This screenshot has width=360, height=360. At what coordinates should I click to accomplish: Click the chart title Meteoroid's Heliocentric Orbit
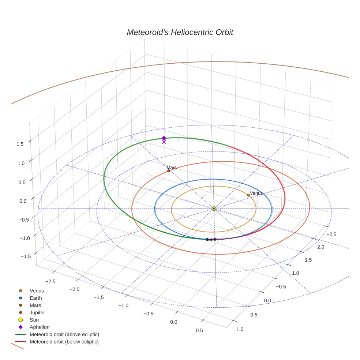coord(180,32)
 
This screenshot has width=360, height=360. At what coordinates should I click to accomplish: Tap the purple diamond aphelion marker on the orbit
coord(164,138)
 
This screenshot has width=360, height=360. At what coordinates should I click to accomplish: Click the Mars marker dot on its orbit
coord(169,171)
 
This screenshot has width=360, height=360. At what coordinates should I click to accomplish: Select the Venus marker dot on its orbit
coord(248,195)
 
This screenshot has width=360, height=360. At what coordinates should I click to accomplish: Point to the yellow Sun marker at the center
coord(214,209)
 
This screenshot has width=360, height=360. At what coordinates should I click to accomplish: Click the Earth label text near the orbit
coord(212,239)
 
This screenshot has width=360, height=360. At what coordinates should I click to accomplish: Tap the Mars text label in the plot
coord(172,168)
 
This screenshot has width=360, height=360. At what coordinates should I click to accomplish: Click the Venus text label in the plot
coord(256,193)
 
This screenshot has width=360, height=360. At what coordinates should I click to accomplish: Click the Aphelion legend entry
coord(39,327)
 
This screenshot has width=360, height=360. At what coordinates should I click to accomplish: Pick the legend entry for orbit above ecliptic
coord(64,334)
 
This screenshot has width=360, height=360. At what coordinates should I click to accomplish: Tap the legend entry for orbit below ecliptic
coord(64,342)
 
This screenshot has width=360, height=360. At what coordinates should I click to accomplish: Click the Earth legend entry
coord(35,298)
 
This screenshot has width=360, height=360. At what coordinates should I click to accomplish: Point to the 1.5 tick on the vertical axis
coord(20,144)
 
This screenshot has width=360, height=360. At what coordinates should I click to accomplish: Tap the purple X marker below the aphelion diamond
coord(164,142)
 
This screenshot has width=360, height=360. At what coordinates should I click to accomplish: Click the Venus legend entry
coord(37,291)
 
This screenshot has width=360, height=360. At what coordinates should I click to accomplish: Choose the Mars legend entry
coord(35,305)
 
